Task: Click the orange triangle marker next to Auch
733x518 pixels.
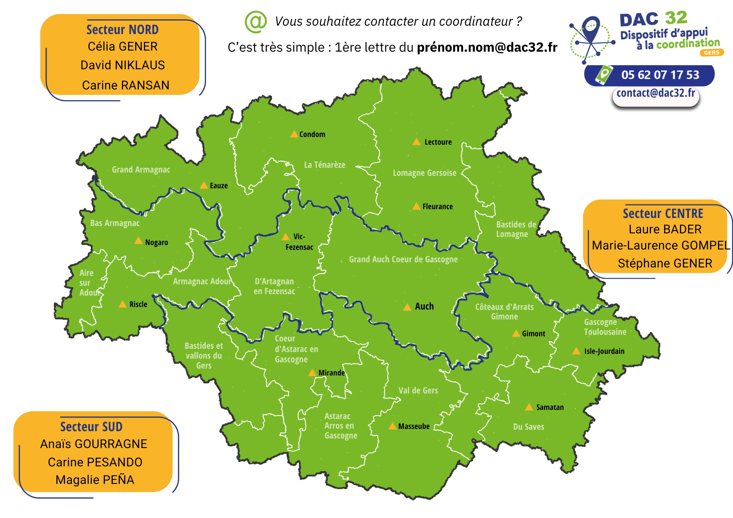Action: pyautogui.click(x=407, y=307)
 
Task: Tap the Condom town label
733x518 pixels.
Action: pyautogui.click(x=312, y=134)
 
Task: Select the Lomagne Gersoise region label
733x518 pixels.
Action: pyautogui.click(x=424, y=173)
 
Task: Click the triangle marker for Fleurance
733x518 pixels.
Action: pyautogui.click(x=416, y=207)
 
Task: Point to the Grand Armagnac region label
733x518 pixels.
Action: pyautogui.click(x=141, y=170)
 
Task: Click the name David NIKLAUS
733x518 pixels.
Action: pyautogui.click(x=122, y=65)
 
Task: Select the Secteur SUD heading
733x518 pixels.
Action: pyautogui.click(x=91, y=427)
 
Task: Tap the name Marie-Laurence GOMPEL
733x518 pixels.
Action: pyautogui.click(x=661, y=245)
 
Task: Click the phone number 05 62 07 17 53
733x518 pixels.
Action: pyautogui.click(x=660, y=75)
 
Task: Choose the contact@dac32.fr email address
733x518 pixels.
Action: pyautogui.click(x=655, y=93)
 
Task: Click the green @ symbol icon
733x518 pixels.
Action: pyautogui.click(x=255, y=22)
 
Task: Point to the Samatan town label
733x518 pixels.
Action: pyautogui.click(x=550, y=407)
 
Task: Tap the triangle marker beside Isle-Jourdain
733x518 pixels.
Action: pyautogui.click(x=576, y=351)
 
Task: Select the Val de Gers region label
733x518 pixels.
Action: pyautogui.click(x=418, y=391)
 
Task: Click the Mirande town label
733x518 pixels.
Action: pyautogui.click(x=331, y=373)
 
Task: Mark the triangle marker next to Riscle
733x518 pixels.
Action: pyautogui.click(x=123, y=304)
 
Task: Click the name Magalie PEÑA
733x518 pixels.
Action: pyautogui.click(x=95, y=480)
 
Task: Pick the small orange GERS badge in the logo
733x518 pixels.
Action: pyautogui.click(x=711, y=53)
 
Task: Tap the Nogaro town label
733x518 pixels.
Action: pyautogui.click(x=156, y=243)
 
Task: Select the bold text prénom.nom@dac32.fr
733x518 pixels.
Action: pyautogui.click(x=487, y=47)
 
